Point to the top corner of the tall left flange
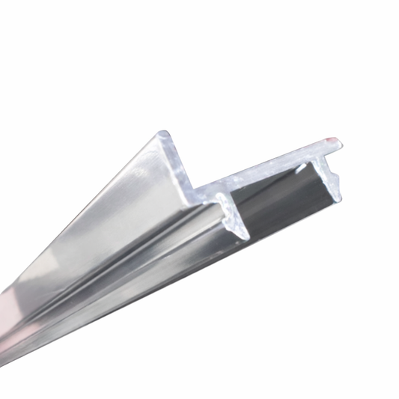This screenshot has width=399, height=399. [x=164, y=135]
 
